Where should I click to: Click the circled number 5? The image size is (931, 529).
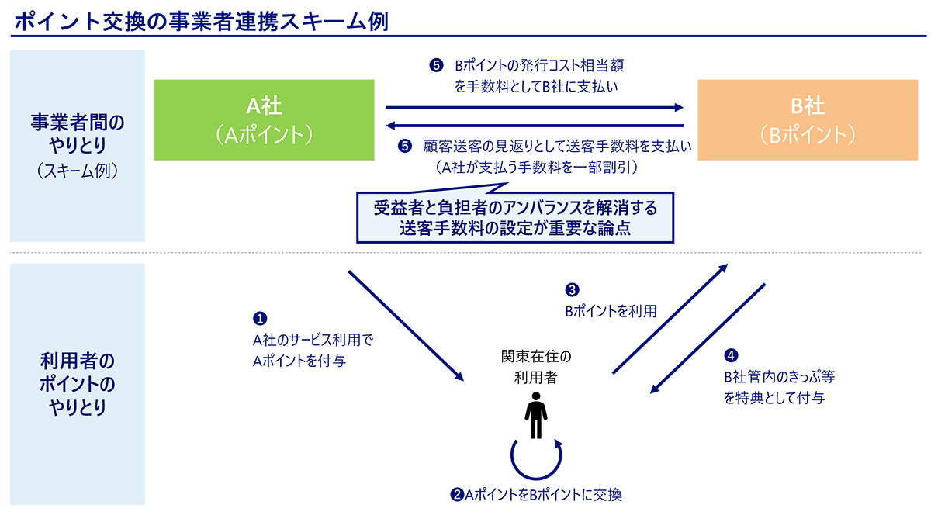(436, 66)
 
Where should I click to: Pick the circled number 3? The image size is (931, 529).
(573, 290)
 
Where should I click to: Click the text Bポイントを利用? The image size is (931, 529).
(611, 312)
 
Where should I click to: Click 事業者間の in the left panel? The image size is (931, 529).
(77, 123)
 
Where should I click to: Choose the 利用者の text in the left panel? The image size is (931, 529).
(77, 361)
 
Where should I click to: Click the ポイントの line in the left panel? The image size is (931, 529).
(77, 384)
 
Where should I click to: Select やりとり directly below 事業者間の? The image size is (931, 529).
(77, 146)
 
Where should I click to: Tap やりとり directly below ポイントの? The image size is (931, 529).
(77, 406)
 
